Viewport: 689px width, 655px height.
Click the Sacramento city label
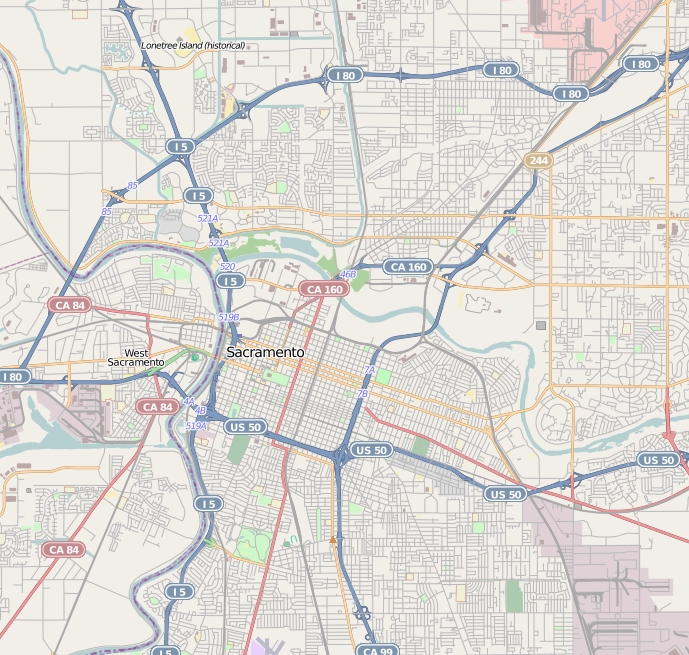pyautogui.click(x=265, y=353)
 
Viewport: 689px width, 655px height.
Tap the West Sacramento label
pyautogui.click(x=136, y=357)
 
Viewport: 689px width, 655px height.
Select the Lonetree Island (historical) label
pyautogui.click(x=192, y=45)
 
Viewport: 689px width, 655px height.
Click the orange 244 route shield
pyautogui.click(x=538, y=160)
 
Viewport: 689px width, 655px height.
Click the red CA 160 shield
pyautogui.click(x=323, y=289)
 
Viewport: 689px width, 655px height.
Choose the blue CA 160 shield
pyautogui.click(x=408, y=267)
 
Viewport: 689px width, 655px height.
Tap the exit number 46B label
pyautogui.click(x=348, y=274)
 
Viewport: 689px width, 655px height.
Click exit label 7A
pyautogui.click(x=369, y=370)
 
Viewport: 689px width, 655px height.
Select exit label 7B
pyautogui.click(x=362, y=394)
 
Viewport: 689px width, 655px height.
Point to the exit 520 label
pyautogui.click(x=227, y=267)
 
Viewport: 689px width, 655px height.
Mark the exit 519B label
pyautogui.click(x=228, y=316)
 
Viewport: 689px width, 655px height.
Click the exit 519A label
pyautogui.click(x=196, y=426)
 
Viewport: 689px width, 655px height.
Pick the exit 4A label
pyautogui.click(x=188, y=401)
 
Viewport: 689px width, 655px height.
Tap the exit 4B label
pyautogui.click(x=200, y=410)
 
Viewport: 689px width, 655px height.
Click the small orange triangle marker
pyautogui.click(x=333, y=540)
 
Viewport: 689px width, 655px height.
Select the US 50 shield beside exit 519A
pyautogui.click(x=245, y=427)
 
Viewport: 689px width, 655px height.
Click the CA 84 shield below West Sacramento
pyautogui.click(x=157, y=406)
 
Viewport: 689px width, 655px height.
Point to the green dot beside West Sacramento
pyautogui.click(x=195, y=357)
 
